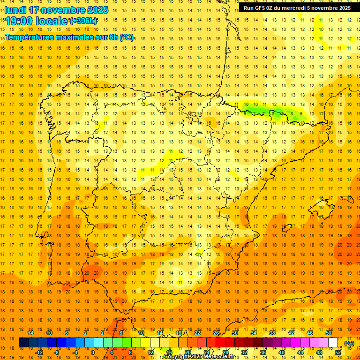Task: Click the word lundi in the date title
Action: click(x=15, y=9)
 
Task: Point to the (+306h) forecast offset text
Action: click(x=84, y=21)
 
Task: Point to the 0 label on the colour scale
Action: click(x=93, y=352)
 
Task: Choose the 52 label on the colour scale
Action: click(x=338, y=352)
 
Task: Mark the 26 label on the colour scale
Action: click(x=216, y=333)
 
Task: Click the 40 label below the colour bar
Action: click(x=281, y=352)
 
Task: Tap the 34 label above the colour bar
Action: click(x=253, y=333)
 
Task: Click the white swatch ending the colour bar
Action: click(x=333, y=343)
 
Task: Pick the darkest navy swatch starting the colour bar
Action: click(x=24, y=343)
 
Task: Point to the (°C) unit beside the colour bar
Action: click(x=349, y=343)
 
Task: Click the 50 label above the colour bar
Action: click(x=329, y=333)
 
